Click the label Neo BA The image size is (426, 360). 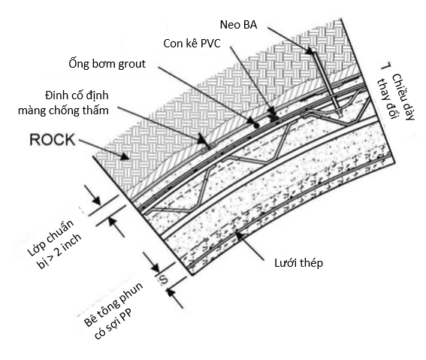point(238,25)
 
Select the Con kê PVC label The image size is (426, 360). point(192,44)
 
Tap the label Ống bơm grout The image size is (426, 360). point(107,64)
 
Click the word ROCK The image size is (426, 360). point(52,140)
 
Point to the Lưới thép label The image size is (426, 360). point(298,263)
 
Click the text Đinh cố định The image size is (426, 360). point(77,95)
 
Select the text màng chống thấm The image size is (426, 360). point(63,110)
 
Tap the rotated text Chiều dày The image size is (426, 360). point(403,97)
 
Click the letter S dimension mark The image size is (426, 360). point(163,280)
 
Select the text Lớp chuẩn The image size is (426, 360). point(51,237)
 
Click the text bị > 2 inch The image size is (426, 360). point(59,251)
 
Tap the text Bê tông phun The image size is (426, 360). point(113,304)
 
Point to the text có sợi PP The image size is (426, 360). point(113,324)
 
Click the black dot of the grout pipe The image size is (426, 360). point(256,126)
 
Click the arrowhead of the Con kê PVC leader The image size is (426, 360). point(272,111)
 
